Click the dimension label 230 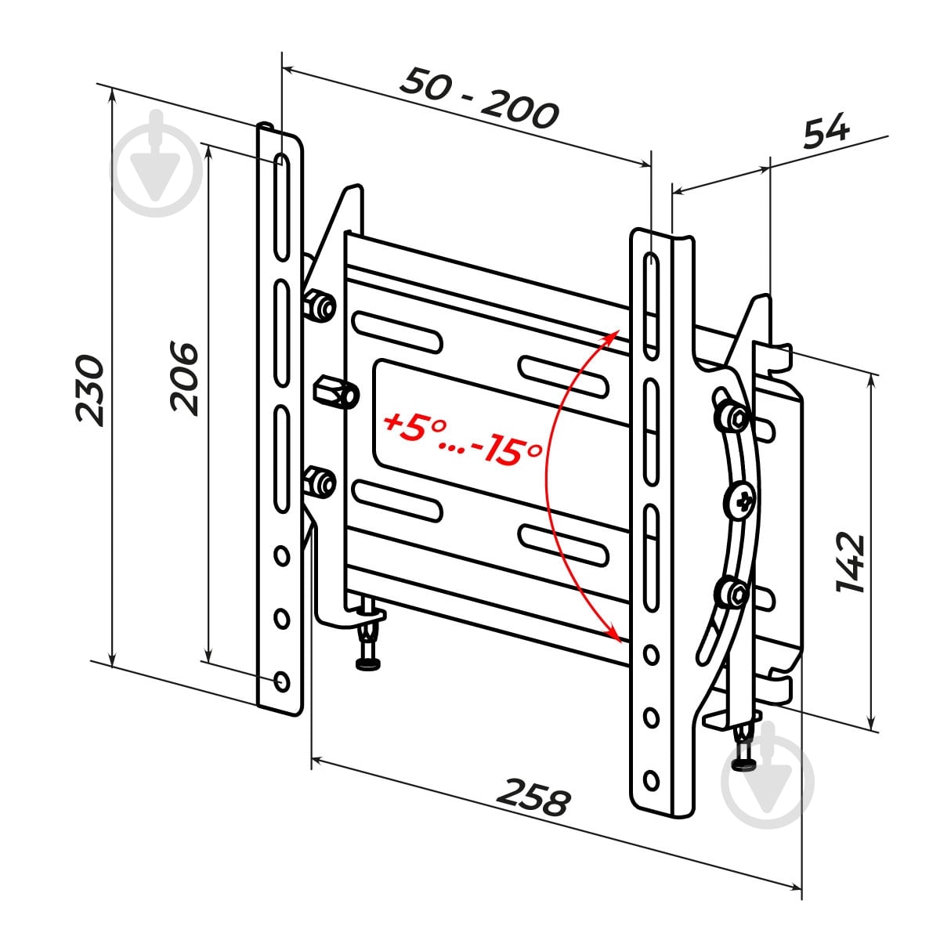(x=90, y=391)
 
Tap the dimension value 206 (x=184, y=379)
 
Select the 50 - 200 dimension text (x=479, y=99)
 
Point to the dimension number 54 (x=826, y=131)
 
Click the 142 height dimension (x=851, y=563)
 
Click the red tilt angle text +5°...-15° (x=462, y=438)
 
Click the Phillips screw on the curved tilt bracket (x=741, y=501)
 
